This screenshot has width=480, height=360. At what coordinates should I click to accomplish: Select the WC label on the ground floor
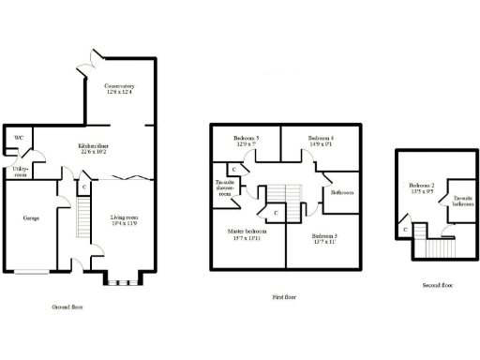(x=18, y=139)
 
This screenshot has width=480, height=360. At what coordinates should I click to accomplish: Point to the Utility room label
(x=20, y=170)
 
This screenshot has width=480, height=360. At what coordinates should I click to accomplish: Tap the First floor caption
(x=285, y=296)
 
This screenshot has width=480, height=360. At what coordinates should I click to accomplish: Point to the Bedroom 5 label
(x=246, y=142)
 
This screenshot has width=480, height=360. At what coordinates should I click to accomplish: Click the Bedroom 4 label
(x=322, y=142)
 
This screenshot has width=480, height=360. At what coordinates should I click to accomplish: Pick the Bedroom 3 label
(x=324, y=239)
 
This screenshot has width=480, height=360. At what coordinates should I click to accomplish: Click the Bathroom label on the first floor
(x=341, y=192)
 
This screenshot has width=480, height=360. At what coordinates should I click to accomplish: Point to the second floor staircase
(x=437, y=249)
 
